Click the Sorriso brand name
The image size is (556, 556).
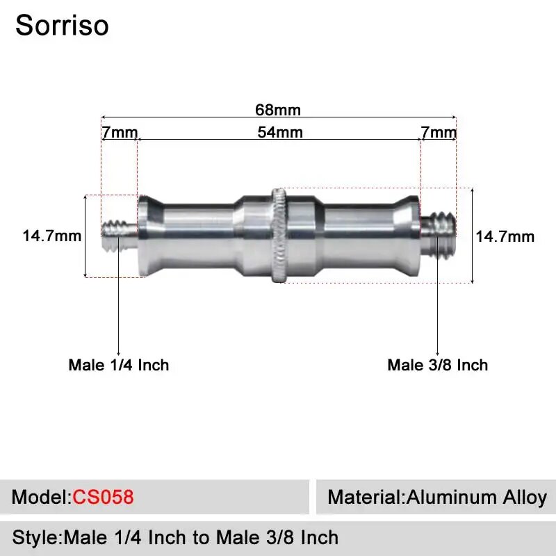(x=62, y=26)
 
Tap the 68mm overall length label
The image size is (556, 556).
(x=278, y=110)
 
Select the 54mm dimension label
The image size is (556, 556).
(x=280, y=132)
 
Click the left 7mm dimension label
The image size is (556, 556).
(x=120, y=132)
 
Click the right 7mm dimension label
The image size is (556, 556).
(x=439, y=132)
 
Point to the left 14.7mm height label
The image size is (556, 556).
(x=52, y=236)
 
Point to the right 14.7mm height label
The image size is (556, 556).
(x=505, y=236)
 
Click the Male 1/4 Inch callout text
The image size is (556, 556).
(x=118, y=365)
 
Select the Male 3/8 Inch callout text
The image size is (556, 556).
(x=438, y=365)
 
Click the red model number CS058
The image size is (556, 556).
(x=103, y=498)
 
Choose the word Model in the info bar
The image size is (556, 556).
(x=39, y=498)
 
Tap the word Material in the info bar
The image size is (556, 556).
(x=364, y=498)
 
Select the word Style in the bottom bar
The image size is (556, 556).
(x=35, y=537)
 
